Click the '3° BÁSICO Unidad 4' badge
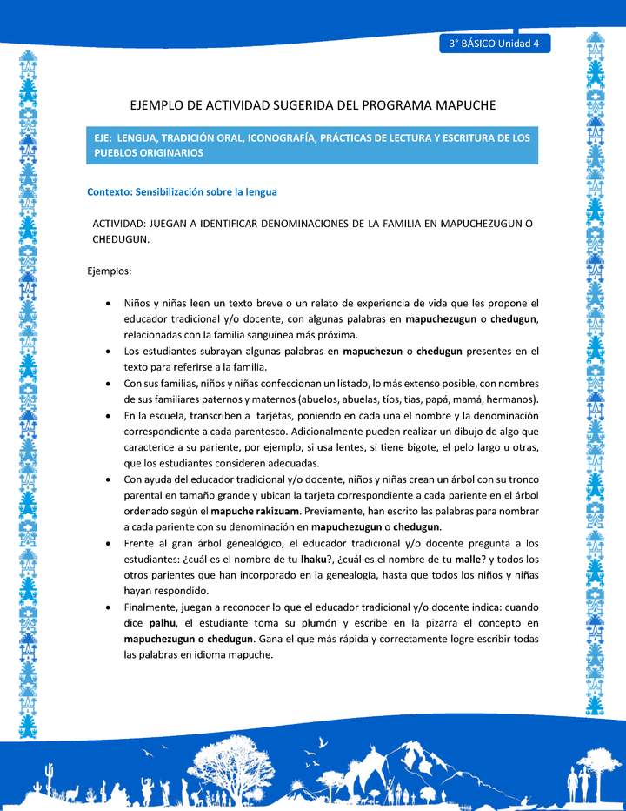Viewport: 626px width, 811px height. [494, 44]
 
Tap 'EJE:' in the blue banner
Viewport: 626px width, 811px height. [106, 138]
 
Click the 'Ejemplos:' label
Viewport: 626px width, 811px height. [110, 271]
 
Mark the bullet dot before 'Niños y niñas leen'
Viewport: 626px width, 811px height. [106, 304]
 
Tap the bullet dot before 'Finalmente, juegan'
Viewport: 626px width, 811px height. [106, 608]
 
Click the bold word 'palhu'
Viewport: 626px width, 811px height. [163, 624]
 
